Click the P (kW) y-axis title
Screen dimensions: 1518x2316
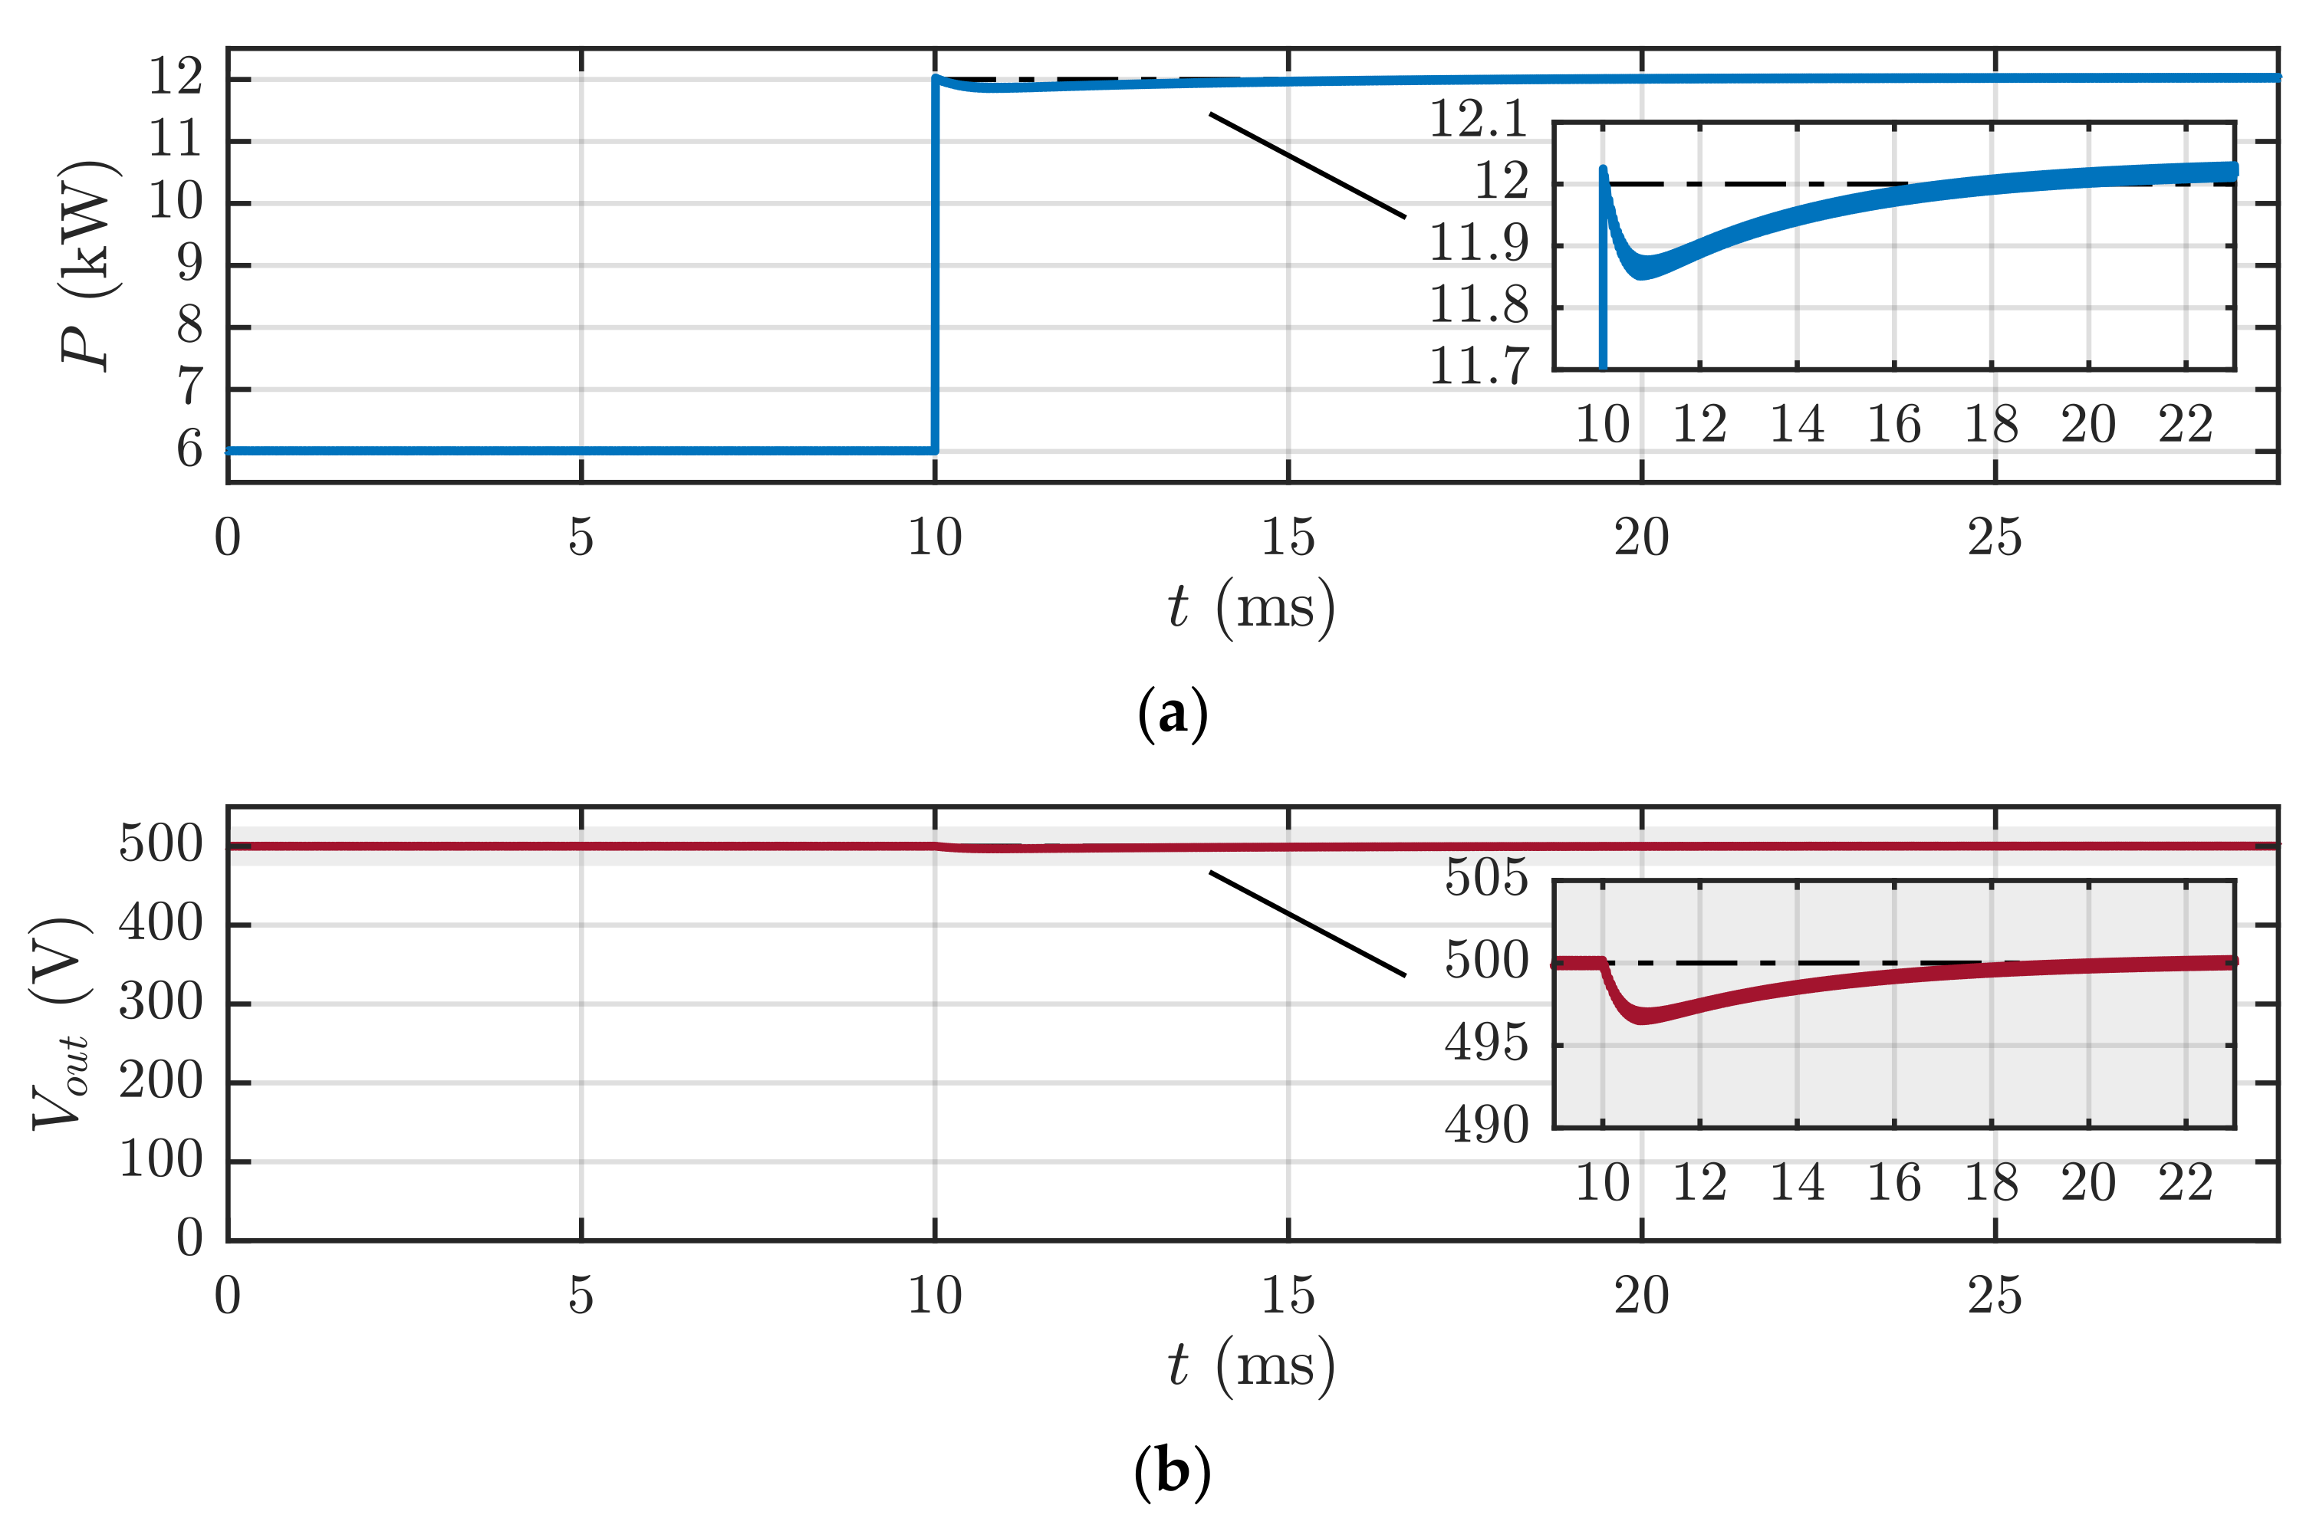90,264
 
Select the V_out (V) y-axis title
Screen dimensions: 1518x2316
61,1023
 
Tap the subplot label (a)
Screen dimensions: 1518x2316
1173,713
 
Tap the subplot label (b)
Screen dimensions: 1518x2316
1173,1471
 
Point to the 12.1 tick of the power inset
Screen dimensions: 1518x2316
1478,119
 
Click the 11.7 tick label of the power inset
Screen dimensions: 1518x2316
1478,366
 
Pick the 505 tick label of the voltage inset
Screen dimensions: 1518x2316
1486,878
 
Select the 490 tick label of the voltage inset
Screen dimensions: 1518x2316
1486,1125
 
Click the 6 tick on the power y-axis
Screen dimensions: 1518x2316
189,451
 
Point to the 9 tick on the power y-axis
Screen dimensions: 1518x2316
189,264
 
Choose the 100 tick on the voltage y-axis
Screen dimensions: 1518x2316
160,1160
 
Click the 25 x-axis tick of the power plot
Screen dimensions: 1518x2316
1995,538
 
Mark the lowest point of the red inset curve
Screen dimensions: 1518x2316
1643,1016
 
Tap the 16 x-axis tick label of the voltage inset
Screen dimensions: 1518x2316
1893,1183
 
